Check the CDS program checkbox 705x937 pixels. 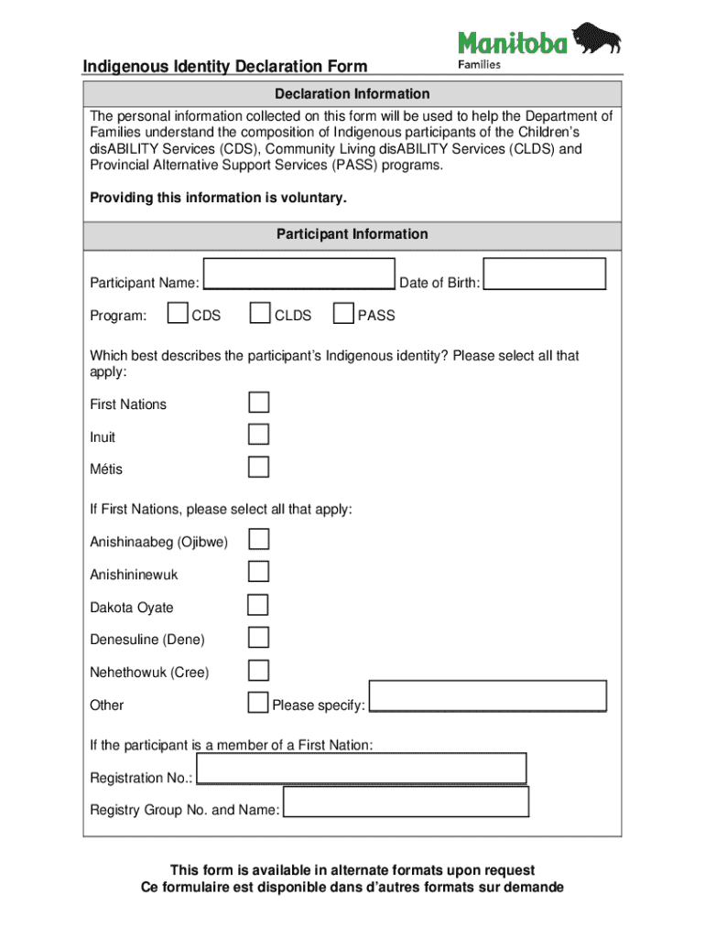point(179,314)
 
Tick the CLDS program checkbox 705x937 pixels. point(260,314)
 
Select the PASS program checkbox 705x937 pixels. point(343,314)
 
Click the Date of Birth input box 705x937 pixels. point(544,275)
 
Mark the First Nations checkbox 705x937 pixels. point(259,403)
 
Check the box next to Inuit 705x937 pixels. point(259,435)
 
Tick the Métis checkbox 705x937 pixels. point(259,468)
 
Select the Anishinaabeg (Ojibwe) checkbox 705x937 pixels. point(259,539)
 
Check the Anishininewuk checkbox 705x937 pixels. point(259,572)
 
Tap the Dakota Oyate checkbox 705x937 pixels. point(259,605)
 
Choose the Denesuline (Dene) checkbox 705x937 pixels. point(259,637)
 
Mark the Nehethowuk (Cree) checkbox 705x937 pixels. point(259,670)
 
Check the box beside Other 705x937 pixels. point(259,703)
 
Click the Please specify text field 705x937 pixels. point(487,696)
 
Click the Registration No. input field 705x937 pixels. point(361,769)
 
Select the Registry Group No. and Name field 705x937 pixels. point(406,802)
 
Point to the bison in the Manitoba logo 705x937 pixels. point(597,39)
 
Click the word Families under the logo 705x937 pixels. point(479,64)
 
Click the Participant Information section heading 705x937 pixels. point(352,234)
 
